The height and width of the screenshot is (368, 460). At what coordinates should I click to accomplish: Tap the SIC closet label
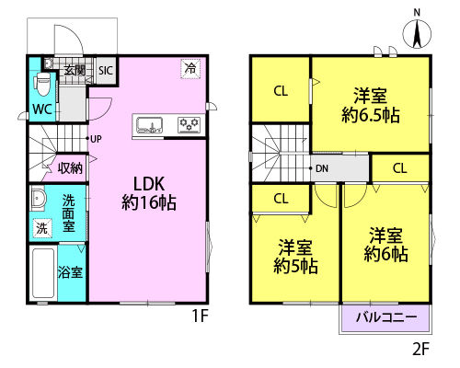click(106, 71)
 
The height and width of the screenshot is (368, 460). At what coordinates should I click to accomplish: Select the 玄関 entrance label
click(75, 71)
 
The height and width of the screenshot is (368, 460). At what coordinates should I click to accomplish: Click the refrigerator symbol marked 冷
click(190, 68)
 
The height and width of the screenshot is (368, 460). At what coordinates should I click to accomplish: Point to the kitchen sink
click(149, 125)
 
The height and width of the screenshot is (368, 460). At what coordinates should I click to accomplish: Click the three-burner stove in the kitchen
click(189, 125)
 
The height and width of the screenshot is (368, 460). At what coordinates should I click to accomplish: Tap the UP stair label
click(96, 139)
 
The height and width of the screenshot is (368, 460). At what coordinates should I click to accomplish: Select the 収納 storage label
click(70, 168)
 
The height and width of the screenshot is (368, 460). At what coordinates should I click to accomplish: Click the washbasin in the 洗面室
click(38, 198)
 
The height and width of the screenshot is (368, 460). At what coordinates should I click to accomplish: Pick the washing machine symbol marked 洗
click(42, 228)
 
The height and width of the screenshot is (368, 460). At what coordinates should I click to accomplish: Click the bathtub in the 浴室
click(43, 273)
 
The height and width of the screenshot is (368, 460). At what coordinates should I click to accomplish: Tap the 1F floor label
click(200, 316)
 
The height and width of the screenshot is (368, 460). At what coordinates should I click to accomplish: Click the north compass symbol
click(417, 33)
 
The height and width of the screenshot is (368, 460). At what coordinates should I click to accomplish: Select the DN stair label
click(322, 168)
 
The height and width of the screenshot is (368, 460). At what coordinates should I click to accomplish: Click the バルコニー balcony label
click(386, 317)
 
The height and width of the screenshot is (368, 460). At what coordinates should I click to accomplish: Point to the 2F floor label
click(420, 349)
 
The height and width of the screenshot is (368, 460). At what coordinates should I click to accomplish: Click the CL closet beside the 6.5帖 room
click(281, 91)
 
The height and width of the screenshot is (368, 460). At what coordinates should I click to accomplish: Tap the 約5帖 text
click(295, 266)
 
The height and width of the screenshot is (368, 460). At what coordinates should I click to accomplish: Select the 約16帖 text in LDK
click(149, 202)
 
